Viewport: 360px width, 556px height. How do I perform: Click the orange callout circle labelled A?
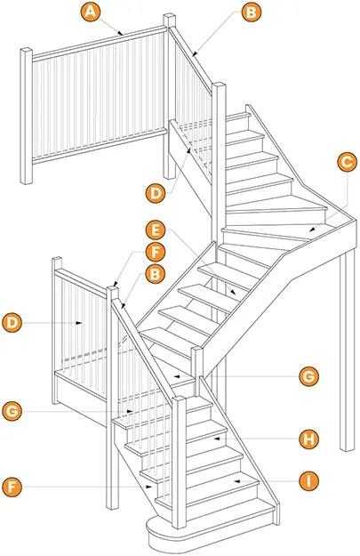[91, 12]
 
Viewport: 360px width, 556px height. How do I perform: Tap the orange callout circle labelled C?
[347, 162]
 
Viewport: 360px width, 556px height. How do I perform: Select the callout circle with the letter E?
[156, 230]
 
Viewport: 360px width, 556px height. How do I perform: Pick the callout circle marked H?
[308, 439]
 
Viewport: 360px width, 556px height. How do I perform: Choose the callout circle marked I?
[308, 481]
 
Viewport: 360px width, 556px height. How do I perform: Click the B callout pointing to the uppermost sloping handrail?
[252, 12]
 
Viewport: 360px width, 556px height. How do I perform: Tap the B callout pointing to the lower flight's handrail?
[155, 274]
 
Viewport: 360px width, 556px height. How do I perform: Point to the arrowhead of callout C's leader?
[311, 230]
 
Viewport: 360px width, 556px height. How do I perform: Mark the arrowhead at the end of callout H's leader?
[216, 439]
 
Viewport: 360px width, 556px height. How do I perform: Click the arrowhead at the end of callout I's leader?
[236, 481]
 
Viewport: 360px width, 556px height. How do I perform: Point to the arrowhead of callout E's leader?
[234, 293]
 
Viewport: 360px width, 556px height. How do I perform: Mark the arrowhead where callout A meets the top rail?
[121, 33]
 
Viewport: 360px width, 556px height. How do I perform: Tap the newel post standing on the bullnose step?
[180, 462]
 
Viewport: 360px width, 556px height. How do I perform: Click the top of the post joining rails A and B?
[170, 20]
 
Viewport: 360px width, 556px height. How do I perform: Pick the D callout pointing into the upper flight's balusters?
[156, 194]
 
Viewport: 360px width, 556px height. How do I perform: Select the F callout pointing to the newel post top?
[155, 252]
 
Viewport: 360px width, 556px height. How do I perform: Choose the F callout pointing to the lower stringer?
[12, 487]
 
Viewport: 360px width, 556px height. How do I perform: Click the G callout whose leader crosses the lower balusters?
[12, 411]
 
